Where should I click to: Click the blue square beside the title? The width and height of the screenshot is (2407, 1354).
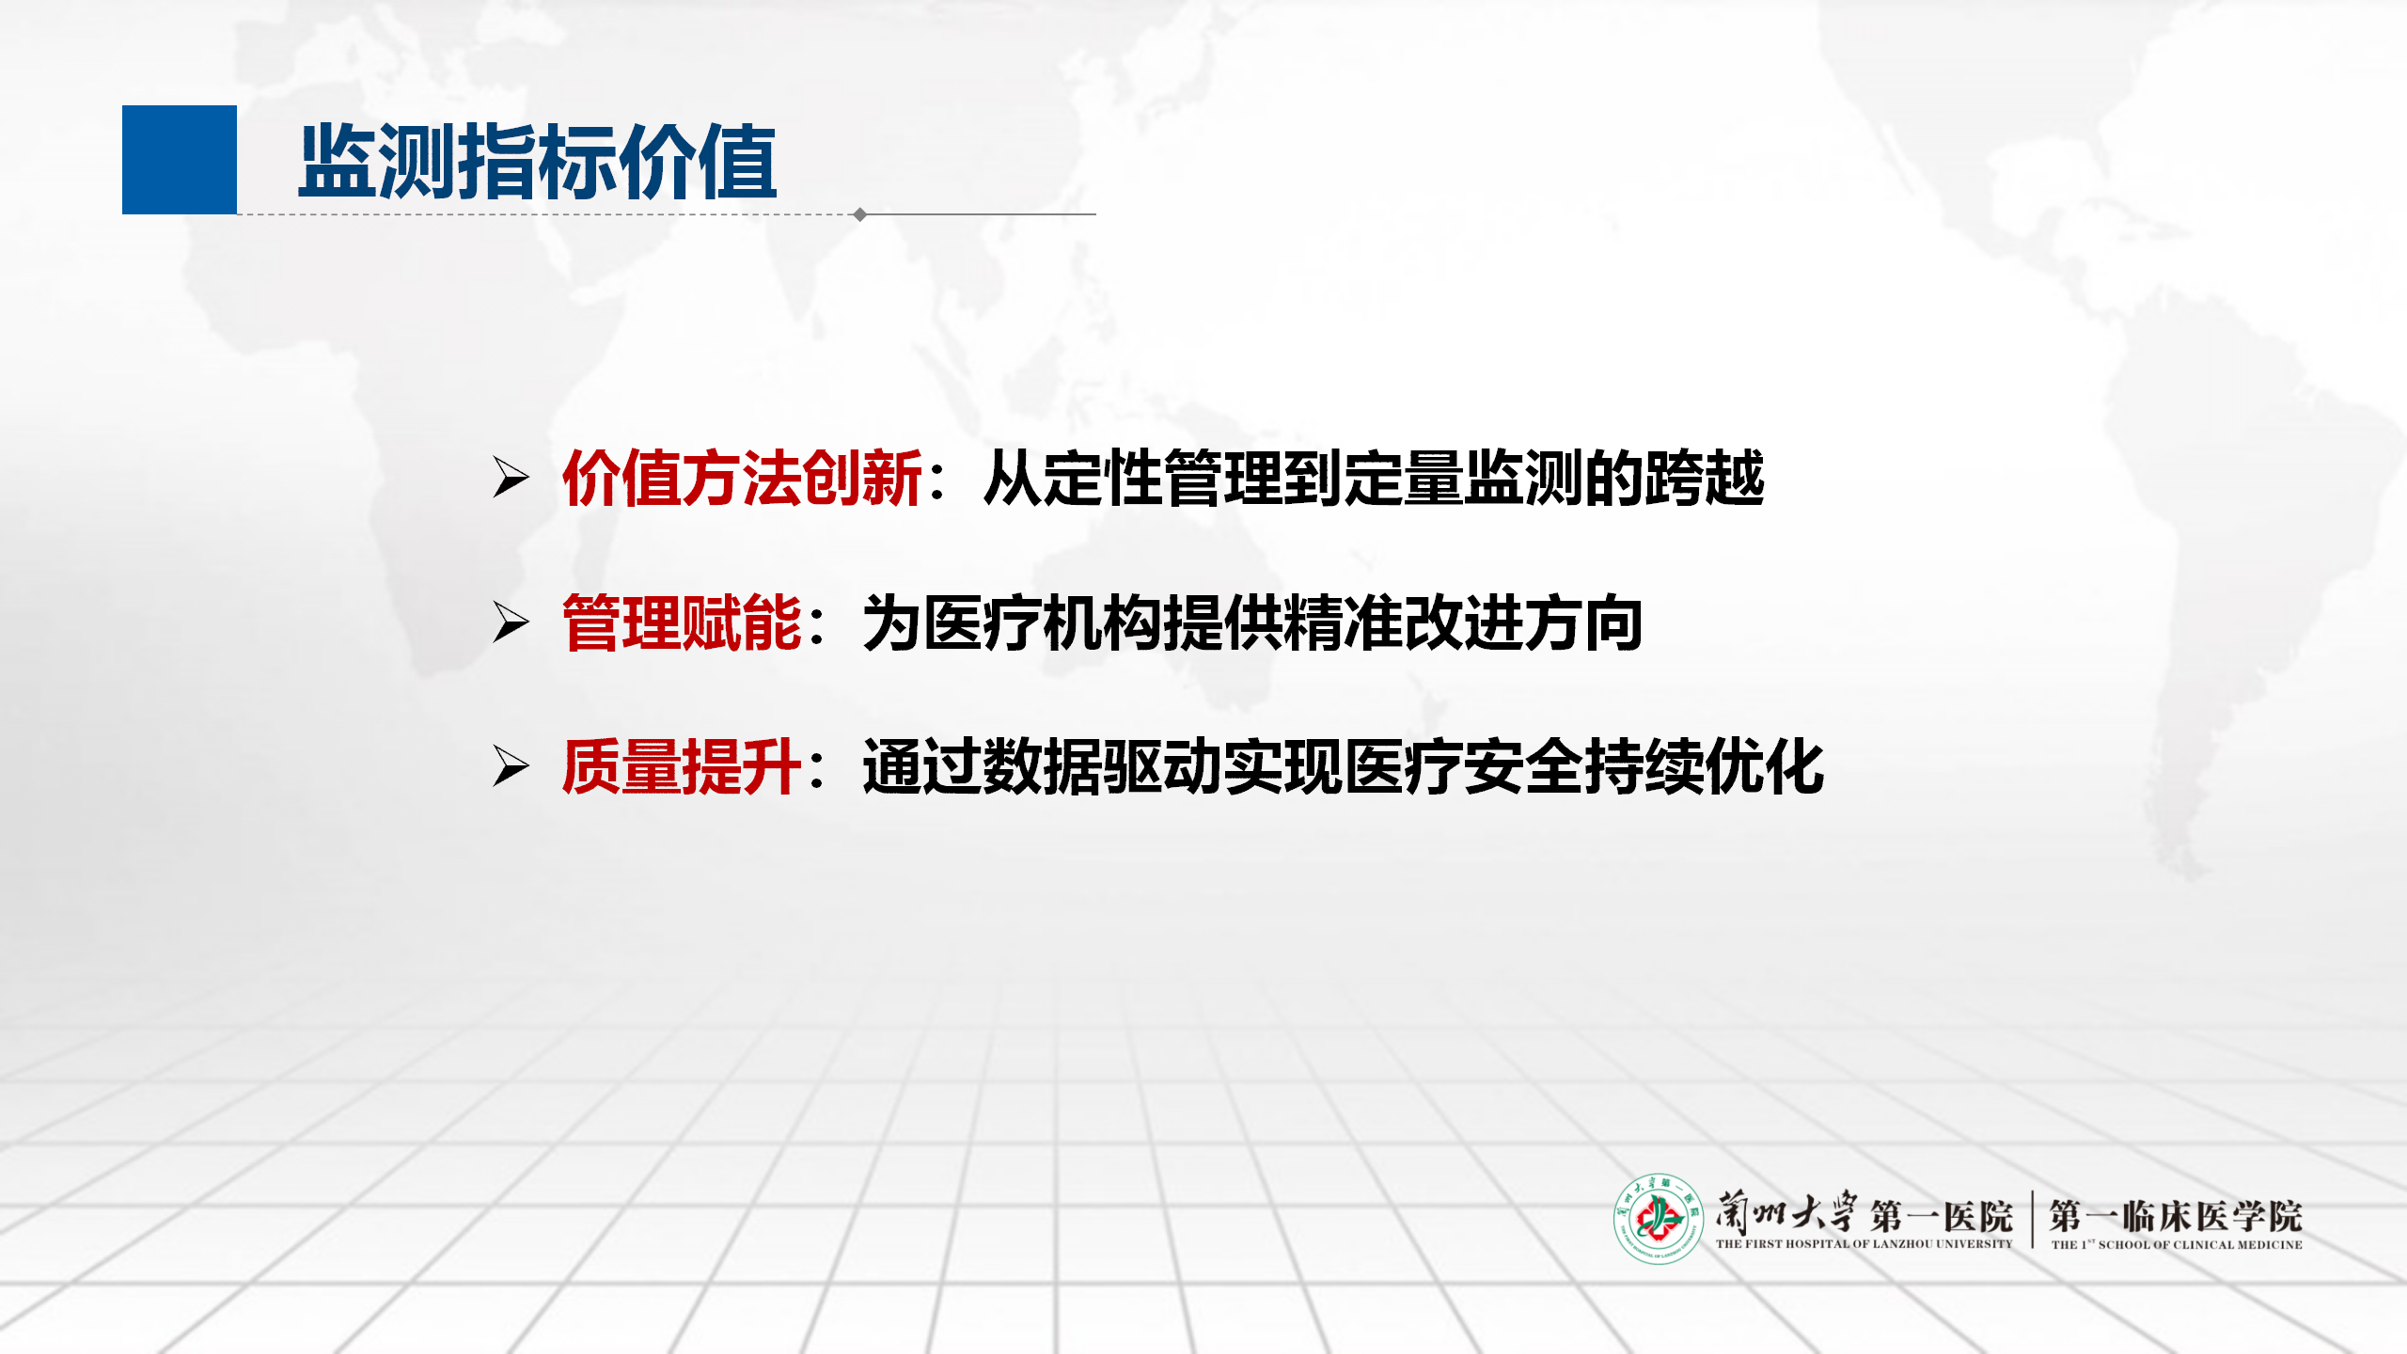180,160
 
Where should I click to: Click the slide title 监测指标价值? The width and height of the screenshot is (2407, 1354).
538,162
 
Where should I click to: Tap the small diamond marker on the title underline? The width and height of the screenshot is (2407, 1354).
860,214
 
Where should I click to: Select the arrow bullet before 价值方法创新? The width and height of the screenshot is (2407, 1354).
511,477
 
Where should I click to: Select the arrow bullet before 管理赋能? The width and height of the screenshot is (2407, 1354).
511,622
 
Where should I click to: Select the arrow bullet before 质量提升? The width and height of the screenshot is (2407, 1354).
511,766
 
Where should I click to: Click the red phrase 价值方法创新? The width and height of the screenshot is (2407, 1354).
742,478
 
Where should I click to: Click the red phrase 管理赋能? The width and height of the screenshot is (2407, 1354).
682,622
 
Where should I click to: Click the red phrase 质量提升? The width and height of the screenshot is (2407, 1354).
682,767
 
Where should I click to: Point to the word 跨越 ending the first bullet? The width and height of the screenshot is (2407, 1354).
1705,478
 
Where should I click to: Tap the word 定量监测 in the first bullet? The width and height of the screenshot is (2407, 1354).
1464,478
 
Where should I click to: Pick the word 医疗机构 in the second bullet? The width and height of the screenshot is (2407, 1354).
1043,622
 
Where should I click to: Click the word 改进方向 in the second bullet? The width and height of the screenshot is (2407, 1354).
1524,622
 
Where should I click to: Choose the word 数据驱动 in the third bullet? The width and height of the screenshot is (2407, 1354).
1103,767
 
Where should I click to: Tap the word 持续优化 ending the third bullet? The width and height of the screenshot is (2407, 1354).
1705,767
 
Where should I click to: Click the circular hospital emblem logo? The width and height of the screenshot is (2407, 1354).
1659,1219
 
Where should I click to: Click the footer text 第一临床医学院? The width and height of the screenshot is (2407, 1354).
2176,1216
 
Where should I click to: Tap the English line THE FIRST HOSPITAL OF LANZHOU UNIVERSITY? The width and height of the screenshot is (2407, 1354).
1864,1244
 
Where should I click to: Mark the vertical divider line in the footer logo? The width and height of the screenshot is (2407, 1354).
2033,1220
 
